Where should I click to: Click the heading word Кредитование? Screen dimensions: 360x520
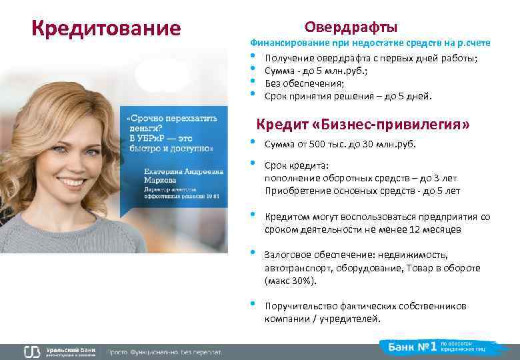106,29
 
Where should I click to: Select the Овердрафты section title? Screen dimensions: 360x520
351,27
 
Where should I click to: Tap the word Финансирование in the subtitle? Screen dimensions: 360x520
286,43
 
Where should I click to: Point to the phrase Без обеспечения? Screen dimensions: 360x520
295,83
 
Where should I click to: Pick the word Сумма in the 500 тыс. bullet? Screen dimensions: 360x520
279,143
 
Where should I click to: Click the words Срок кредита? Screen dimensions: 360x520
291,165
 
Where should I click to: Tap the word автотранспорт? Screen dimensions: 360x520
297,268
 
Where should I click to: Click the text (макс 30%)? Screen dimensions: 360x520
291,281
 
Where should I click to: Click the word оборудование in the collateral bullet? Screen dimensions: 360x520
367,268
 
